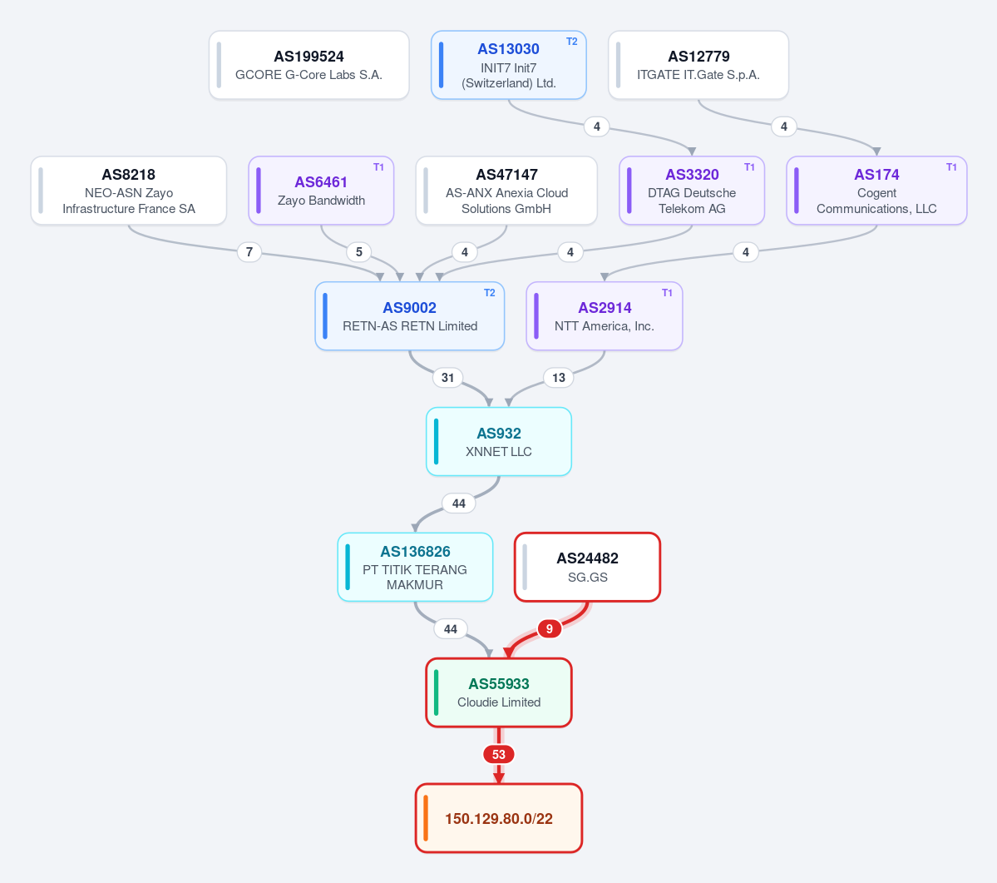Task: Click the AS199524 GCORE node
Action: [309, 65]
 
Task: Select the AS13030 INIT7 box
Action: [509, 65]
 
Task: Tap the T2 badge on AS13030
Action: [571, 42]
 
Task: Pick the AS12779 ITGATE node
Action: [698, 65]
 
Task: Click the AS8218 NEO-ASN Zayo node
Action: [128, 191]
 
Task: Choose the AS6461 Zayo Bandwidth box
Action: [321, 191]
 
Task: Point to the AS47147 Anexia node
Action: [506, 191]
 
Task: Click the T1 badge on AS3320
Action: [750, 167]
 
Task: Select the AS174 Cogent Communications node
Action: [876, 191]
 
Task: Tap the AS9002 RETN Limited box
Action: [409, 315]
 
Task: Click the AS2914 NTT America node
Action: [604, 315]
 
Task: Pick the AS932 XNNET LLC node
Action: [499, 441]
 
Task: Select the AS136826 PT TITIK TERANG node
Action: [415, 567]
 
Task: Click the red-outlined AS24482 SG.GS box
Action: [588, 567]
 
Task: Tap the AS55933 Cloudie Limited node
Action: [499, 692]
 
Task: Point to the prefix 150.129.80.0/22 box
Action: [499, 818]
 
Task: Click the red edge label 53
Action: [499, 755]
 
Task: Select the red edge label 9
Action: [550, 628]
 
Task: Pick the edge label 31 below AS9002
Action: [447, 378]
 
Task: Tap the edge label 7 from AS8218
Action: [249, 252]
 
